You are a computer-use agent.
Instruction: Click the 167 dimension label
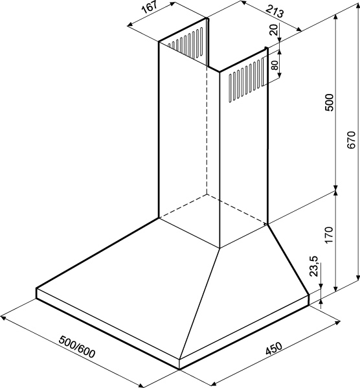[x=150, y=8]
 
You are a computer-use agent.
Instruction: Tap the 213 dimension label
[x=275, y=11]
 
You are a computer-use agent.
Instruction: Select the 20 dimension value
[x=274, y=30]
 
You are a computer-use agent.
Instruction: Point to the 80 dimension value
[x=275, y=65]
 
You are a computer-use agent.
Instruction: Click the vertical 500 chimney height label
[x=330, y=102]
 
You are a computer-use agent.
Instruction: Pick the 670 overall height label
[x=351, y=140]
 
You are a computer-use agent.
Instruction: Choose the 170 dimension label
[x=330, y=234]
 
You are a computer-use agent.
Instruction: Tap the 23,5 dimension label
[x=314, y=266]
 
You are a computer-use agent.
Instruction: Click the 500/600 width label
[x=77, y=347]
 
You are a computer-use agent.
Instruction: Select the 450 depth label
[x=274, y=348]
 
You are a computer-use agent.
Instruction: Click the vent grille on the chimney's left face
[x=185, y=42]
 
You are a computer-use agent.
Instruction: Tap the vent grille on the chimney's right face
[x=246, y=80]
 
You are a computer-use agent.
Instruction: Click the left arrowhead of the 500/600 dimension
[x=3, y=317]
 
